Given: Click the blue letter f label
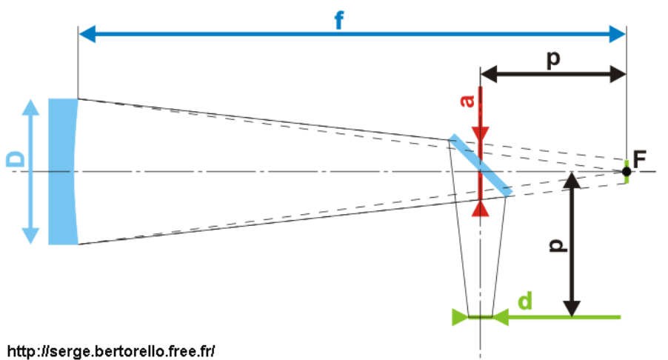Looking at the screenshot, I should (339, 21).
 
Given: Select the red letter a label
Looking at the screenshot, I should (467, 101).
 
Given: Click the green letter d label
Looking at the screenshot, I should (524, 301).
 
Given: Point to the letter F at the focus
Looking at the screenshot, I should (640, 157).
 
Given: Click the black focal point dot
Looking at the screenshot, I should (627, 172).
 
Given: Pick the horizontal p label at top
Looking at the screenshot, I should (552, 59).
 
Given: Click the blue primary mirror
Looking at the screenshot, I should (62, 171).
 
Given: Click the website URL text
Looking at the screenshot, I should (111, 350).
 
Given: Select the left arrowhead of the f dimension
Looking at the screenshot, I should (85, 33).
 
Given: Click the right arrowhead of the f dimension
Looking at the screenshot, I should (619, 33).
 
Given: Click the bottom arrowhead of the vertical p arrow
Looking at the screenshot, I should (572, 309).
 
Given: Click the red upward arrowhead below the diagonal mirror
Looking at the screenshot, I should (481, 208).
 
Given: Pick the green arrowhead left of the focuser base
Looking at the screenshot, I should (459, 317).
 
